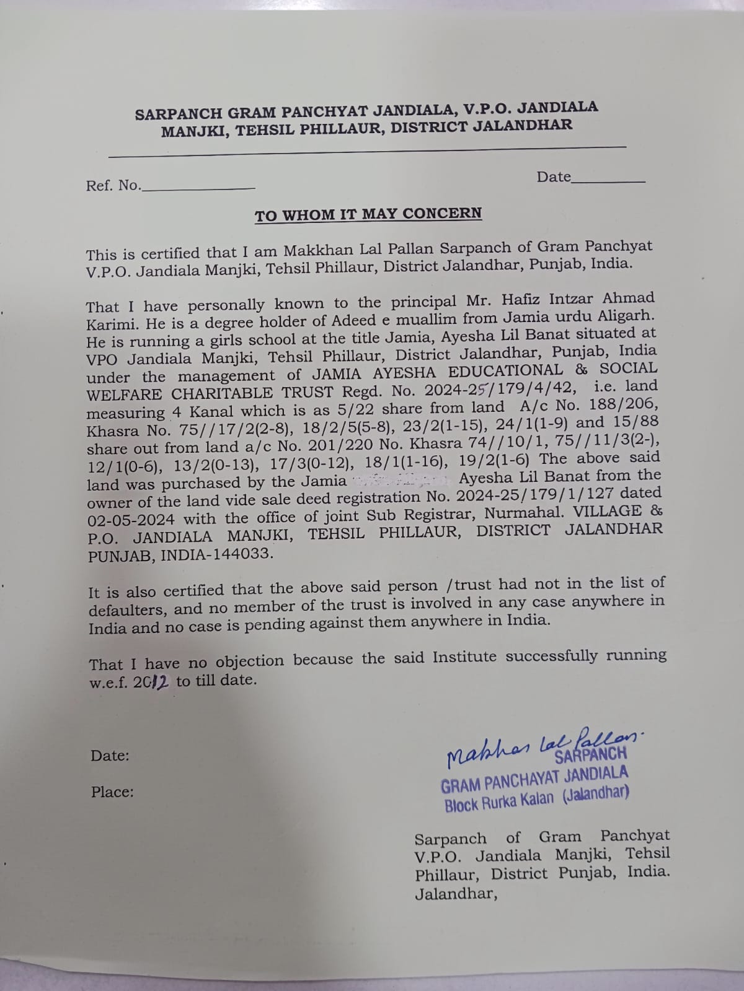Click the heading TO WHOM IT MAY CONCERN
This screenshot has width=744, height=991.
(368, 214)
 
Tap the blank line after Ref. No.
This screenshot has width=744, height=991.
(198, 187)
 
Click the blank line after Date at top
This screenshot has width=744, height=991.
(609, 180)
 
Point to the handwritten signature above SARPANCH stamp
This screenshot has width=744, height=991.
(539, 745)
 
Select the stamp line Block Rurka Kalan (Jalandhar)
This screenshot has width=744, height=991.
(536, 799)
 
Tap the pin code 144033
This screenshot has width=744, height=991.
(242, 554)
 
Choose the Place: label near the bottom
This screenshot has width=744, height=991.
(112, 792)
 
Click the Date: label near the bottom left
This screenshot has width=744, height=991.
(110, 756)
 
